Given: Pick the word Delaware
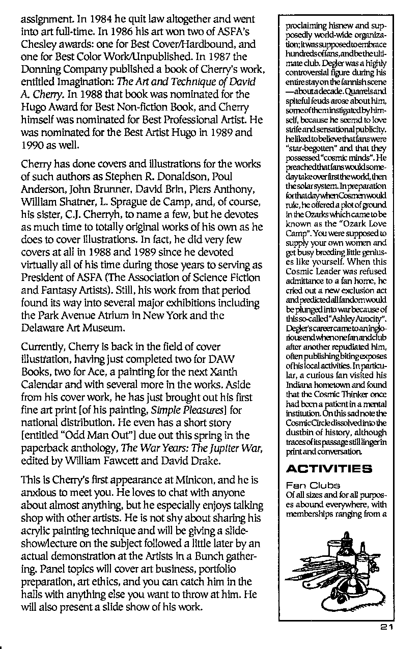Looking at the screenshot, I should tap(42, 327).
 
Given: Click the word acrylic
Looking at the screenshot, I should tap(36, 530).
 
